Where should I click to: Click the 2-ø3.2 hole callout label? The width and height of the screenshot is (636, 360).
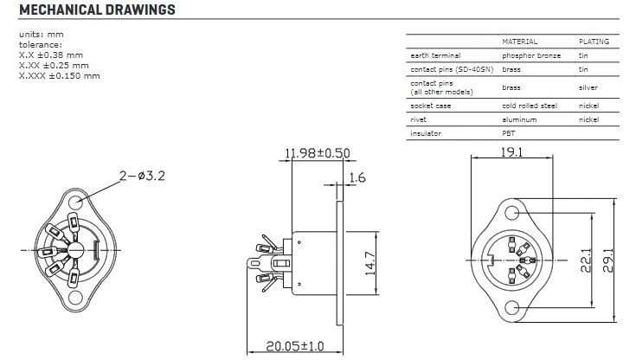coord(141,176)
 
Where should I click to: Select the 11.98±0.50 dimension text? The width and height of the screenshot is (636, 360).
coord(318,154)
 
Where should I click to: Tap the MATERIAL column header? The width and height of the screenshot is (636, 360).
coord(520,41)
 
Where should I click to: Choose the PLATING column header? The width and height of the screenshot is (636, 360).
coord(594,41)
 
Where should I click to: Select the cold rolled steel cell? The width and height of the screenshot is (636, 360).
coord(529,106)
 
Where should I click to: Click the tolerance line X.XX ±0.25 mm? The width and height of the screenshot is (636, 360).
coord(54,65)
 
